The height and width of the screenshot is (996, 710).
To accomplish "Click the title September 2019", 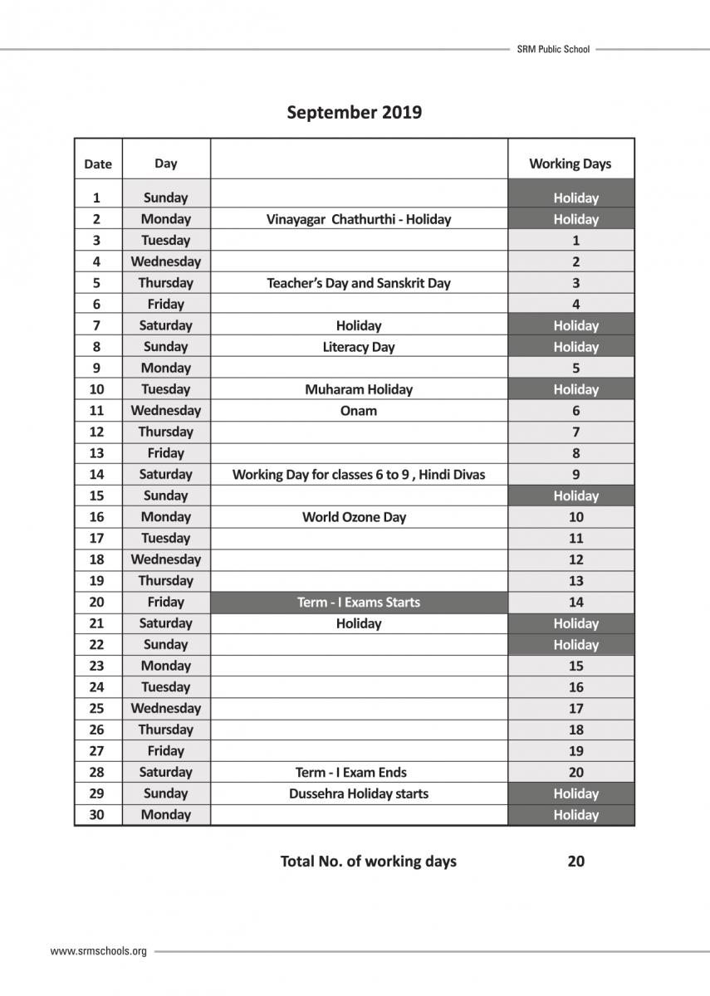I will click(354, 112).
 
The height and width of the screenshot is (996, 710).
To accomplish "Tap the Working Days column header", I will click(570, 164).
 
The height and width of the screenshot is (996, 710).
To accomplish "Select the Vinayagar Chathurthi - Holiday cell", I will click(359, 219).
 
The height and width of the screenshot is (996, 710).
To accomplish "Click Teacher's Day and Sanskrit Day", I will click(359, 283).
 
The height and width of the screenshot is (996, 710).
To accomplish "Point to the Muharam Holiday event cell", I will click(359, 389).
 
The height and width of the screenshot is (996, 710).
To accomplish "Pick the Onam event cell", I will click(359, 411).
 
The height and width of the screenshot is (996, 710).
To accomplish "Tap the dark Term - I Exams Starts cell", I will click(359, 602).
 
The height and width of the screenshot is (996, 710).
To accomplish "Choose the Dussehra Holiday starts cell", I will click(359, 793).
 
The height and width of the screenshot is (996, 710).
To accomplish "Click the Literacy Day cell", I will click(359, 347).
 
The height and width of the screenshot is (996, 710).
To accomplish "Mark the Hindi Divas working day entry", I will click(359, 475).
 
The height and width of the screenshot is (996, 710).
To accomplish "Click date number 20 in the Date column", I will click(97, 602).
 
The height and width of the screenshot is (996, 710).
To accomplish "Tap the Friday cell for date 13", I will click(165, 453).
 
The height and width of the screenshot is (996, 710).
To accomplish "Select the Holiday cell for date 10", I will click(575, 389).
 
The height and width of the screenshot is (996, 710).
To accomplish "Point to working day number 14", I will click(575, 602).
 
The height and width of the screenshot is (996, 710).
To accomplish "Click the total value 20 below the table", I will click(575, 861).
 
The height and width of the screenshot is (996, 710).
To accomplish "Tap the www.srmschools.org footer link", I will click(98, 951).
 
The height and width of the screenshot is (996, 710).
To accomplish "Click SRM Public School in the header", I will click(553, 49).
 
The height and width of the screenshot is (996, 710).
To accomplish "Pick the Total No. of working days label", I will click(369, 861).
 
